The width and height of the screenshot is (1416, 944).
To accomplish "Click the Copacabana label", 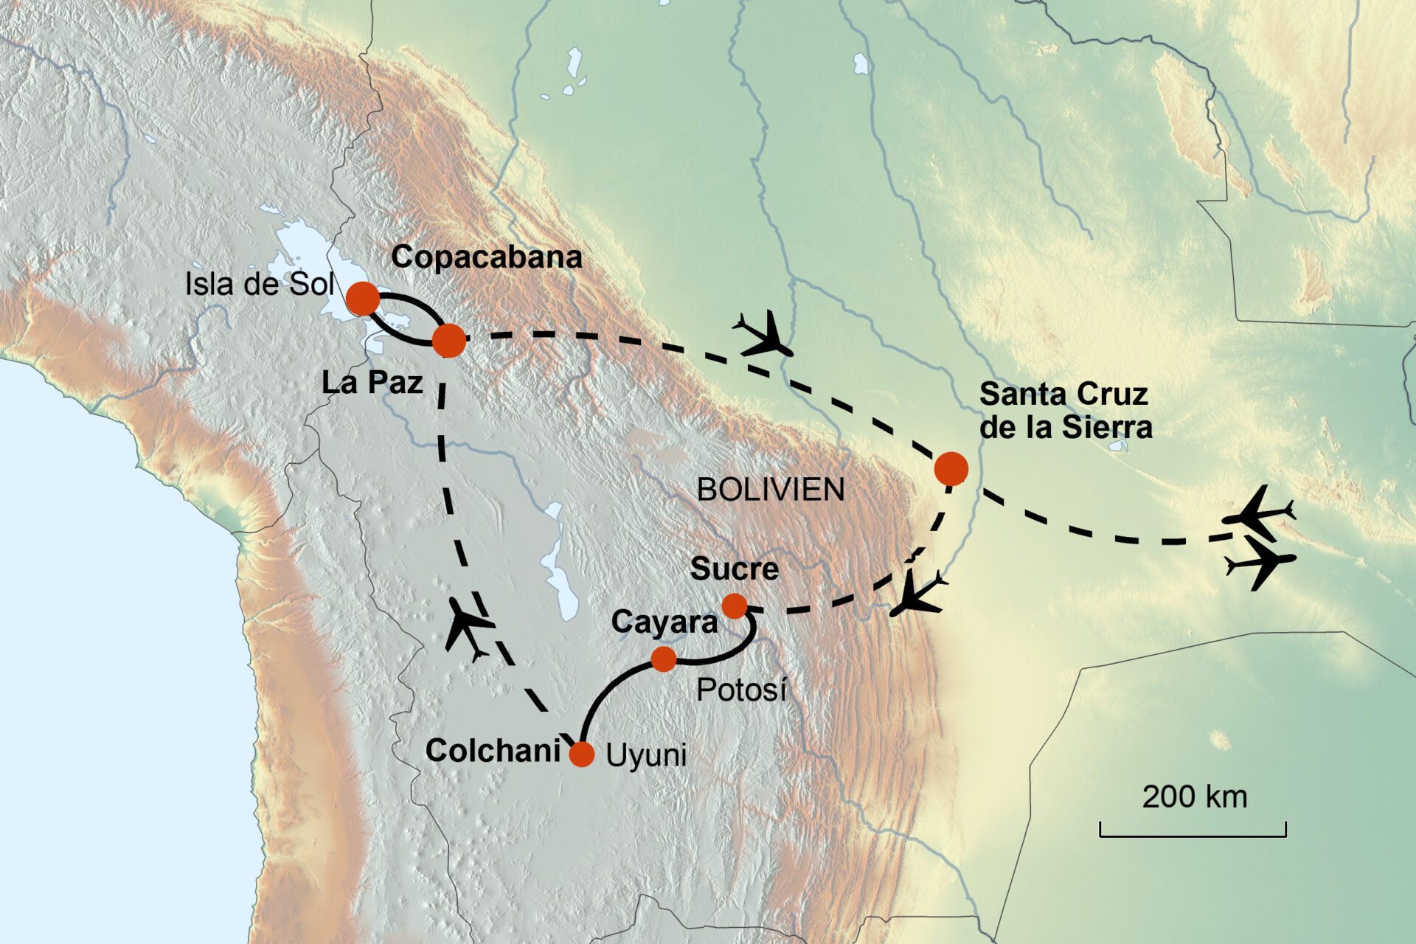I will point(486,257).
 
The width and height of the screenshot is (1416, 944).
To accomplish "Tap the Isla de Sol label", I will point(259,284).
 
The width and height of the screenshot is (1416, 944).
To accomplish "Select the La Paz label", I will point(372,382).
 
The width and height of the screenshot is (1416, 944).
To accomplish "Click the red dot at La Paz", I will point(448,341).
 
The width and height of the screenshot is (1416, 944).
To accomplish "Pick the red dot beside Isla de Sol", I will point(363,299).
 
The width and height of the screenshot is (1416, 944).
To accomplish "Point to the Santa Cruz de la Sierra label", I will point(1065,411).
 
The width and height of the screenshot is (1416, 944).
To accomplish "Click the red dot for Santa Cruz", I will point(951,468).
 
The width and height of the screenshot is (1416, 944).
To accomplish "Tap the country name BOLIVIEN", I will point(771,490).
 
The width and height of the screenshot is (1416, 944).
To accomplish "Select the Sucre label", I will point(734,569).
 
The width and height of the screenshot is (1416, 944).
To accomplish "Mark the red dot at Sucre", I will point(735,605).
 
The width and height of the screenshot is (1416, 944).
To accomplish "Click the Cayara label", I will point(664,622).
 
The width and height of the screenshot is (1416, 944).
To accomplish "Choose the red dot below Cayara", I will point(664,659).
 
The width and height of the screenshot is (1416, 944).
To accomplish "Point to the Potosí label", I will point(741,690).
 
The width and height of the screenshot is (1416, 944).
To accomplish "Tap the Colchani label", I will point(493,751).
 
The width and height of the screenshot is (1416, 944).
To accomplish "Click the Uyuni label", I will point(646,755).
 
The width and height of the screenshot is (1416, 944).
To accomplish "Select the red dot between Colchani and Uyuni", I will point(581,754).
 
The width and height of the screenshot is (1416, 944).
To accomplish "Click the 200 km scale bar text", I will point(1194,797).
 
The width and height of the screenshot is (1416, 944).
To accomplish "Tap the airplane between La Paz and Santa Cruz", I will point(764,335).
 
